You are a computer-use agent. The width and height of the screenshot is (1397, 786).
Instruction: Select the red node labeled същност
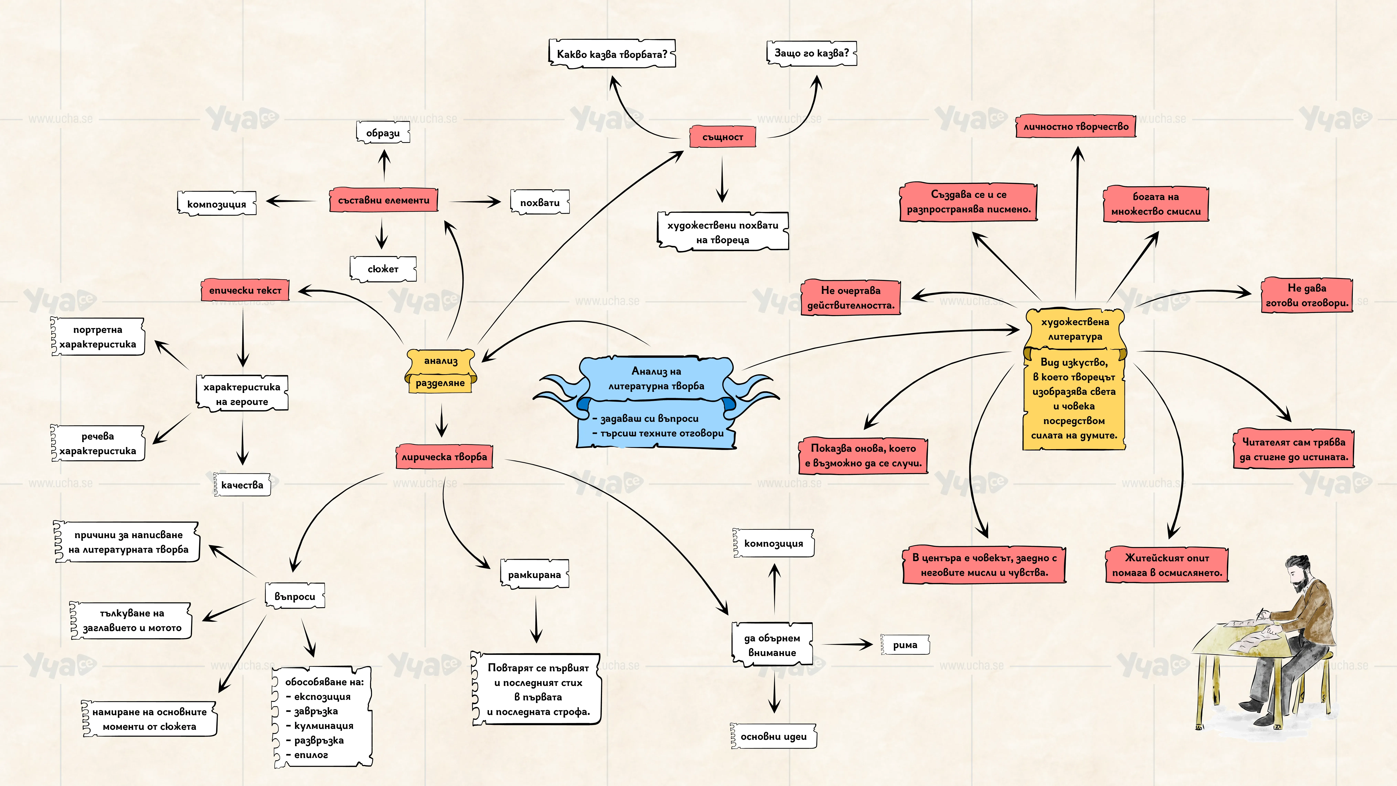[722, 137]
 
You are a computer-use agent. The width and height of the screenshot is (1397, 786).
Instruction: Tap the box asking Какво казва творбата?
[612, 54]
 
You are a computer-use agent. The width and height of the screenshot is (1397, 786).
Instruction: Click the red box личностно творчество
[1076, 126]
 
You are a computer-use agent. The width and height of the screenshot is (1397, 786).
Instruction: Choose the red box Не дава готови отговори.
[1307, 295]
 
